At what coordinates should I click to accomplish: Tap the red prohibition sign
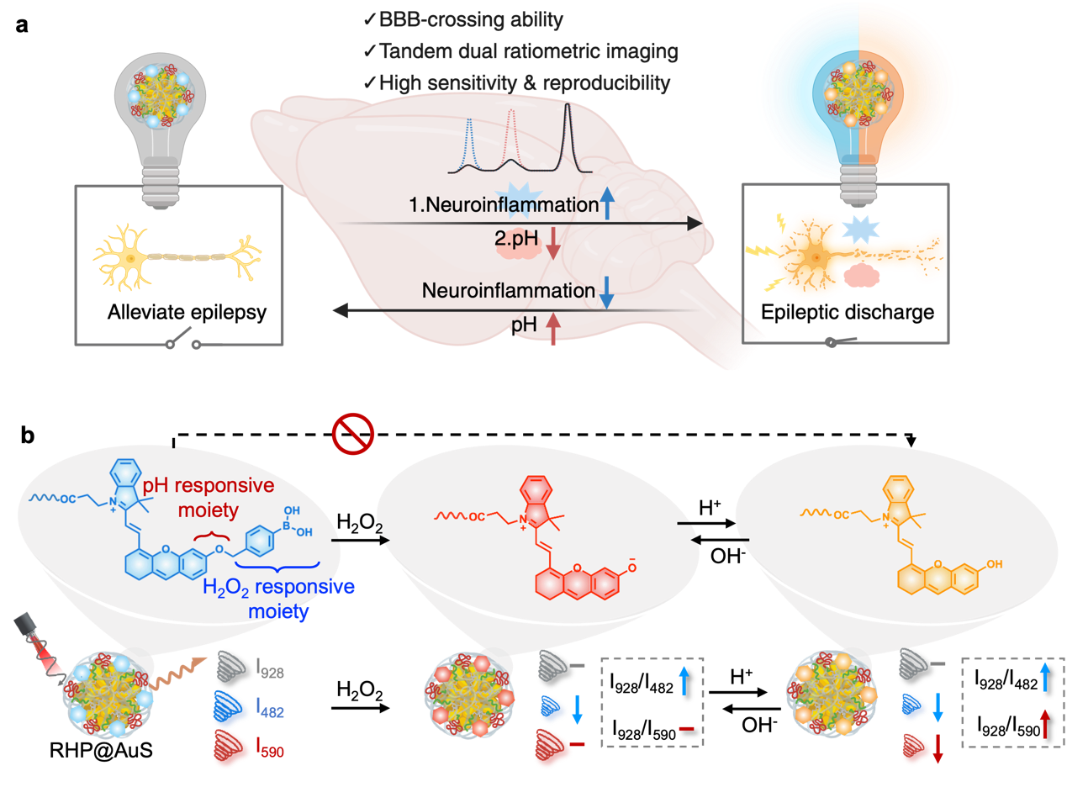(x=352, y=434)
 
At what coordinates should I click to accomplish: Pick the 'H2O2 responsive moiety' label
(x=278, y=597)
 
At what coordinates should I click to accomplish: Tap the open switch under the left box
(x=183, y=340)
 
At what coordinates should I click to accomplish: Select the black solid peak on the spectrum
(x=568, y=135)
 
